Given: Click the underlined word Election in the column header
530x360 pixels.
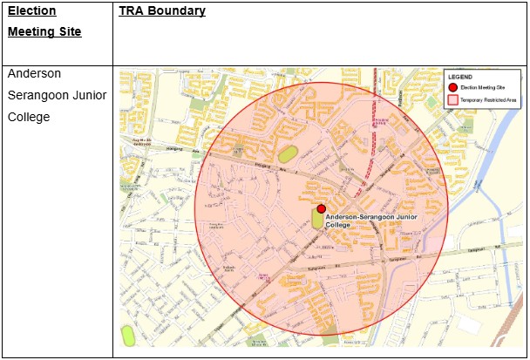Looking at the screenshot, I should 32,11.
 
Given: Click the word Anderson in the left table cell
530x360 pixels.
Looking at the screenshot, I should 34,74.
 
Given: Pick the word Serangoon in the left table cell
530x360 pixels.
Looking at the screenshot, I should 38,95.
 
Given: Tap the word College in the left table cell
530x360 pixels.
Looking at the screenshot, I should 30,116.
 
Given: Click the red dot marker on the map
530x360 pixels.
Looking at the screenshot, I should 321,209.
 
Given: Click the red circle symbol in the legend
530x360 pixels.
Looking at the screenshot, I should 452,87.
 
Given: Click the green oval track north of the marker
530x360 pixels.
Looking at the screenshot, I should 288,153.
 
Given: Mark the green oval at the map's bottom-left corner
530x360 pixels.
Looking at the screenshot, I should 129,335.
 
